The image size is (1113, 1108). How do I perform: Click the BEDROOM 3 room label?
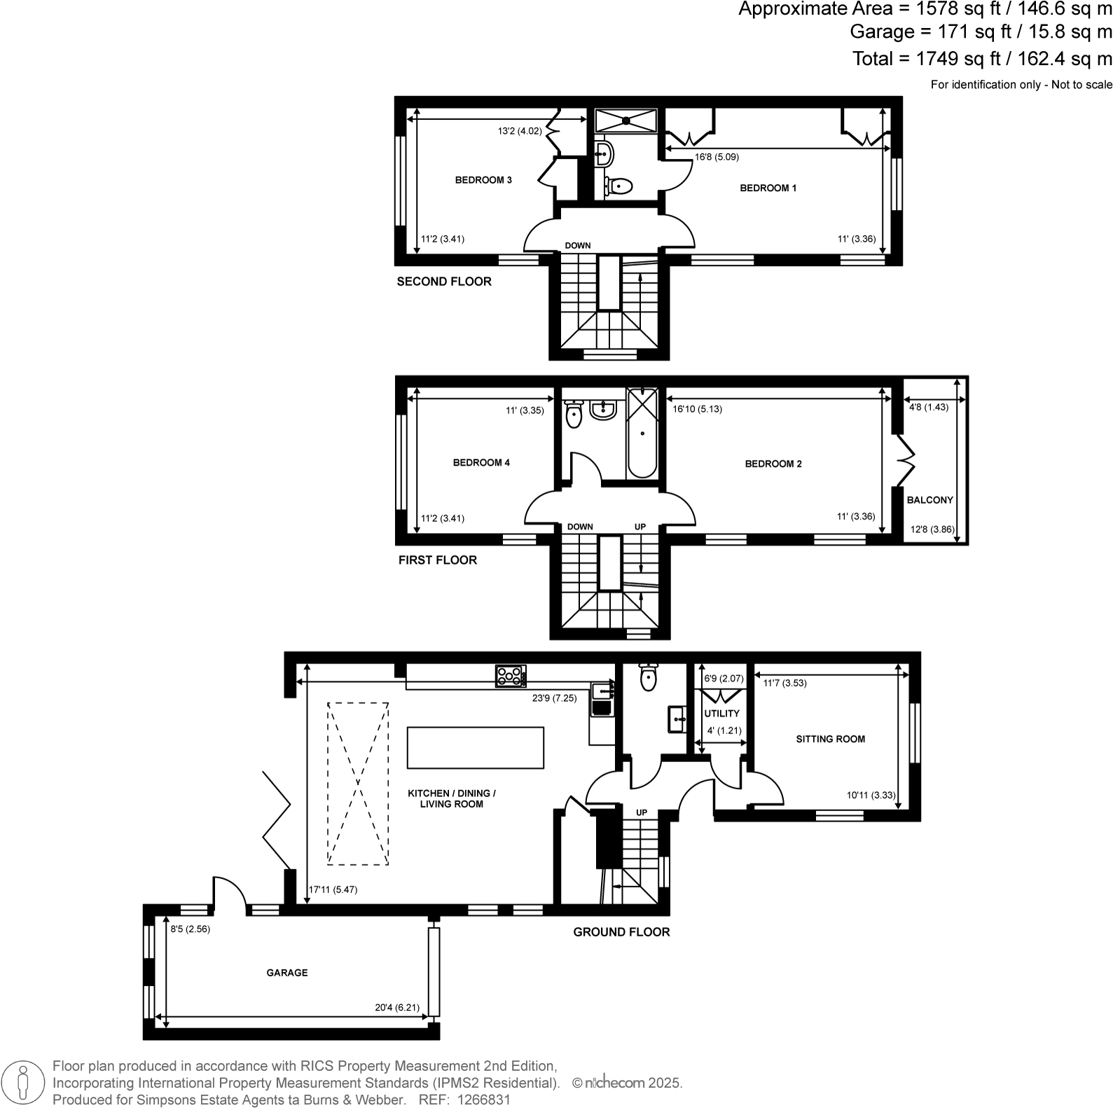pyautogui.click(x=483, y=180)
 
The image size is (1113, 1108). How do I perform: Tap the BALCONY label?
pyautogui.click(x=929, y=500)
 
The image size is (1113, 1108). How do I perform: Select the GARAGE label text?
pyautogui.click(x=286, y=973)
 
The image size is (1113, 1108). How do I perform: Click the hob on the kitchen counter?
pyautogui.click(x=511, y=676)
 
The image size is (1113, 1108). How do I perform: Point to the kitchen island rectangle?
pyautogui.click(x=475, y=747)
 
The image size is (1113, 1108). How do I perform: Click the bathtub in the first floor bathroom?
pyautogui.click(x=642, y=433)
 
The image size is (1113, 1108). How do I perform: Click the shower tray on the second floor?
pyautogui.click(x=625, y=120)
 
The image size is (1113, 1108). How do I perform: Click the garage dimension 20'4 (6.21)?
pyautogui.click(x=397, y=1008)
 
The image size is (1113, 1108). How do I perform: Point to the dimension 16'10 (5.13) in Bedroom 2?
pyautogui.click(x=697, y=409)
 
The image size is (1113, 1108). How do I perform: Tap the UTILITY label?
pyautogui.click(x=721, y=714)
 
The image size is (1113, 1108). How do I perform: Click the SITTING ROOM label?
pyautogui.click(x=830, y=739)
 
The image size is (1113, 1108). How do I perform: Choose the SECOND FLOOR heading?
pyautogui.click(x=444, y=282)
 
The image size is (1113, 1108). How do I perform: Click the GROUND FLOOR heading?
pyautogui.click(x=621, y=932)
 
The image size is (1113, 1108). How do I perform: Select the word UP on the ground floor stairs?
pyautogui.click(x=642, y=812)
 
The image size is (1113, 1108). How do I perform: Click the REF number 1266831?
pyautogui.click(x=483, y=1100)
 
